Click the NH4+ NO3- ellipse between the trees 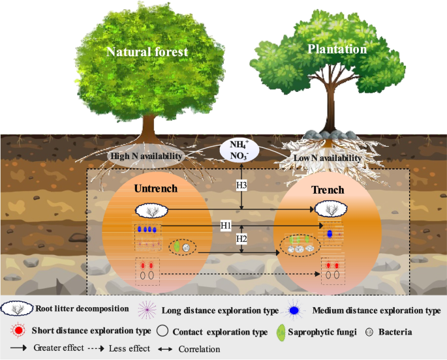click(241, 149)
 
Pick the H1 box click(226, 225)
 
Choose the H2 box click(241, 239)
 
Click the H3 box click(241, 186)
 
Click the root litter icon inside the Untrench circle click(152, 210)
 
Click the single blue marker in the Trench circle click(330, 233)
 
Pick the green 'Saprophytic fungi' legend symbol click(281, 332)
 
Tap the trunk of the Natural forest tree click(149, 124)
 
